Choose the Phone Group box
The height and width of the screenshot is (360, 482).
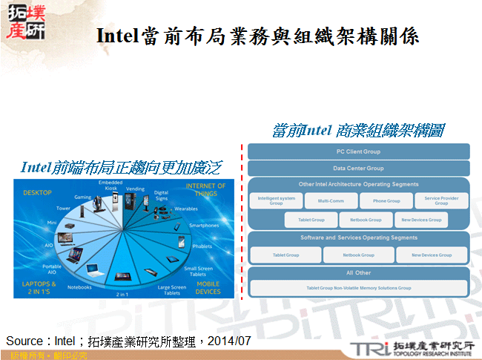[x=386, y=200]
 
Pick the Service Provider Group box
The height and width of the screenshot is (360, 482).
[x=441, y=200]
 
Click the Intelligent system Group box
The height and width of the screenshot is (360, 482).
[x=277, y=200]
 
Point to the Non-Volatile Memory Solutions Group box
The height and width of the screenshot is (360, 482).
[x=358, y=287]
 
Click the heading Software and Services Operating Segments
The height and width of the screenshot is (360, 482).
[x=358, y=238]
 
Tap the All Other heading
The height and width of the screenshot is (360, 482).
[x=358, y=273]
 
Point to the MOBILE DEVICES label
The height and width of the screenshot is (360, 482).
[x=208, y=287]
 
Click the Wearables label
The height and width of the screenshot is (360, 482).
[x=186, y=209]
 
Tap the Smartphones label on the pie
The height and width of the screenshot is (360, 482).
[x=204, y=225]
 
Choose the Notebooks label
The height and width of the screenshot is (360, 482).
[x=79, y=287]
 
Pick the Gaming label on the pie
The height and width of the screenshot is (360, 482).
[x=82, y=197]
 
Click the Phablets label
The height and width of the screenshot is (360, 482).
[x=202, y=246]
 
